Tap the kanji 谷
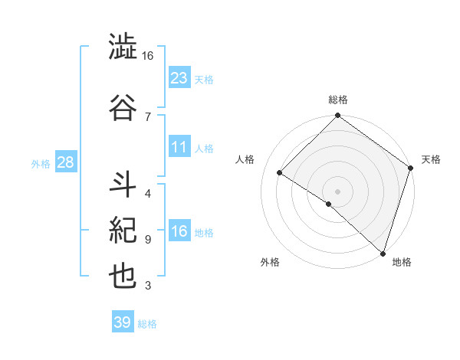pyautogui.click(x=123, y=105)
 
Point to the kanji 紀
pyautogui.click(x=123, y=229)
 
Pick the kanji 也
pyautogui.click(x=123, y=276)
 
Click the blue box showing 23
pyautogui.click(x=179, y=78)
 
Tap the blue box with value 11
pyautogui.click(x=179, y=148)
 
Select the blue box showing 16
pyautogui.click(x=179, y=232)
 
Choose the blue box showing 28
pyautogui.click(x=65, y=163)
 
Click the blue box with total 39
pyautogui.click(x=123, y=322)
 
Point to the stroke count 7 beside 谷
pyautogui.click(x=147, y=116)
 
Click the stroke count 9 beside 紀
pyautogui.click(x=147, y=239)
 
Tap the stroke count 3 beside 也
pyautogui.click(x=147, y=286)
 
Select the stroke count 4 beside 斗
pyautogui.click(x=147, y=192)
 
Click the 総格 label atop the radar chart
pyautogui.click(x=338, y=100)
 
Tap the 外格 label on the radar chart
pyautogui.click(x=270, y=262)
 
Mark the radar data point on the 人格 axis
pyautogui.click(x=280, y=173)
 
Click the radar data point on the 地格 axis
pyautogui.click(x=383, y=252)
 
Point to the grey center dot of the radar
pyautogui.click(x=337, y=191)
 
